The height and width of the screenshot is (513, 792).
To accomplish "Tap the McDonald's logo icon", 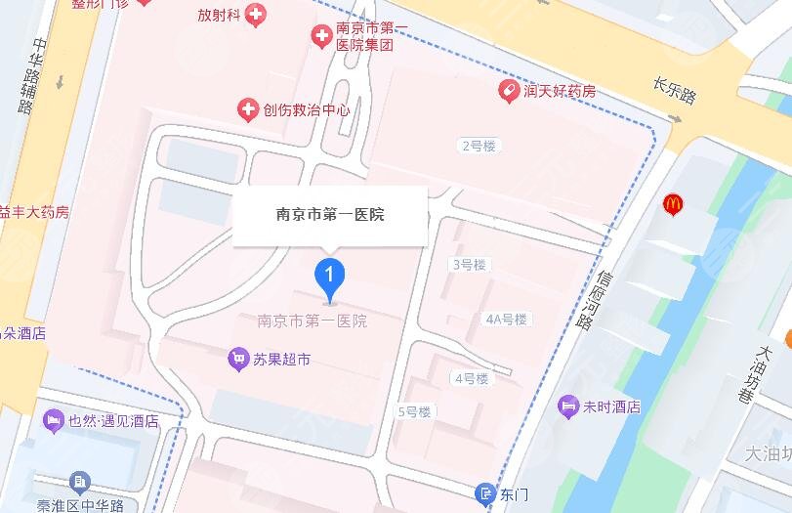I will [673, 205].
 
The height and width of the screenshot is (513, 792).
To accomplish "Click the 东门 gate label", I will [514, 494].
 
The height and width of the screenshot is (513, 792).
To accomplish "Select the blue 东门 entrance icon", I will [486, 493].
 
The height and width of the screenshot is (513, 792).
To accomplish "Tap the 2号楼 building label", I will [479, 147].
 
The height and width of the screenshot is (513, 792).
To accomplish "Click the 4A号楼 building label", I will [506, 320].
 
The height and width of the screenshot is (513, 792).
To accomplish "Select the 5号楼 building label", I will [414, 412].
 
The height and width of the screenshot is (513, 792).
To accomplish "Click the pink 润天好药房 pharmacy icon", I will [508, 92].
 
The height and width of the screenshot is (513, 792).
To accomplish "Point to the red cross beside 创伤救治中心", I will [248, 109].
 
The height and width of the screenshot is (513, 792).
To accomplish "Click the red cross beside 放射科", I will [256, 15].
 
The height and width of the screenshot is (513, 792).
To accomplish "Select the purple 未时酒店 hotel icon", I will [568, 406].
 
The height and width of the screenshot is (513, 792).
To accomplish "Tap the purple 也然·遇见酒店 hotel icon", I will [53, 421].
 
